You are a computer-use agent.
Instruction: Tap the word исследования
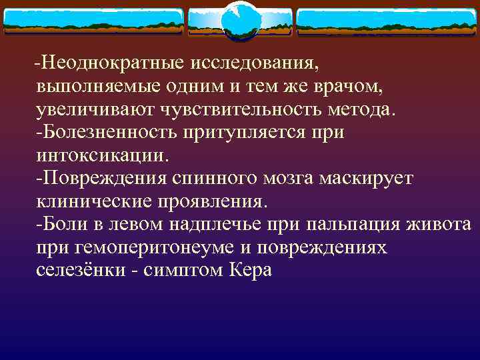(x=255, y=63)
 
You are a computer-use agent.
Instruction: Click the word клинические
(x=97, y=201)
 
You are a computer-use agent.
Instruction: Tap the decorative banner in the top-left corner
(x=93, y=22)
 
